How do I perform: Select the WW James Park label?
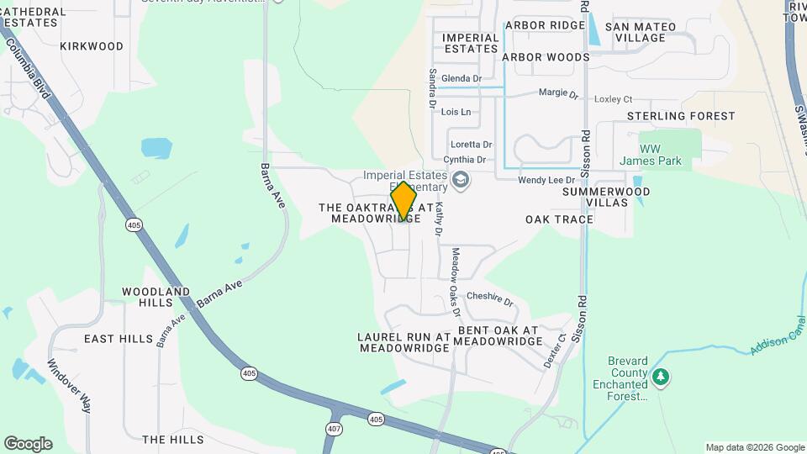650,155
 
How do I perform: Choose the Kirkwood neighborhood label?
92,46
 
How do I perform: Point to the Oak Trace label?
559,219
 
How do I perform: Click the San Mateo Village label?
640,32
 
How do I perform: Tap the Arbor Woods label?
546,57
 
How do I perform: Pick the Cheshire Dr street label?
489,298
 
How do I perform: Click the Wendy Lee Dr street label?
546,180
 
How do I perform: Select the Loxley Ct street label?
613,99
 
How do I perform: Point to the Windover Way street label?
68,386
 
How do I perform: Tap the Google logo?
28,444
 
